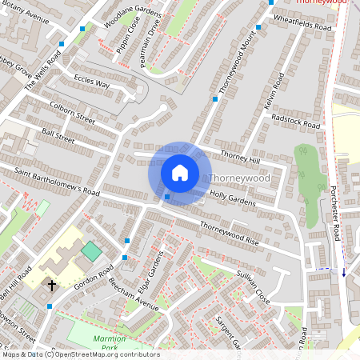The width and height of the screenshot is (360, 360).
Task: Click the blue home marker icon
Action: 180,173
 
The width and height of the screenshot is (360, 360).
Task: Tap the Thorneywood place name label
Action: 240,178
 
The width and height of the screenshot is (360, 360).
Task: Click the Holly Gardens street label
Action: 232,198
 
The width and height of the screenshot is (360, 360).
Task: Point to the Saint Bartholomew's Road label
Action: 56,182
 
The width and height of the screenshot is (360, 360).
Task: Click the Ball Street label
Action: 58,139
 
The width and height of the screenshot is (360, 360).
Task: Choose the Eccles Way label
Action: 91,82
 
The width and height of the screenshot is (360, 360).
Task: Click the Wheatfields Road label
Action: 302,21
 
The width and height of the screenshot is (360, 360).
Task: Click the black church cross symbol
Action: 52,285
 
